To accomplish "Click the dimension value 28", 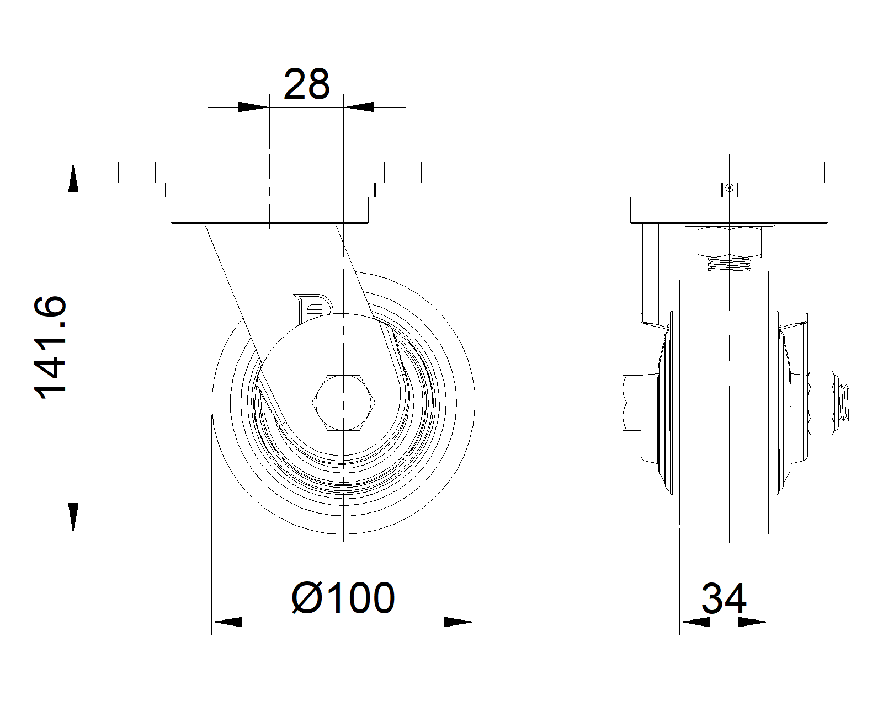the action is (306, 84).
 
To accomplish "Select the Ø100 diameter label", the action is (343, 598).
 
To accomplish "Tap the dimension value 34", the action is (724, 598).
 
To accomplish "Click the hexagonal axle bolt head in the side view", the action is (344, 403).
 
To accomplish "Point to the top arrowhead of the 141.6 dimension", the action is (73, 178).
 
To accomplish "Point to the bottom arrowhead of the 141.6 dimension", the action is (73, 518).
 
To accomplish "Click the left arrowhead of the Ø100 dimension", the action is (227, 622).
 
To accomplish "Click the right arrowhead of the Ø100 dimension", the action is (459, 622).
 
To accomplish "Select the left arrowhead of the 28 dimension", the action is (253, 107).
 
